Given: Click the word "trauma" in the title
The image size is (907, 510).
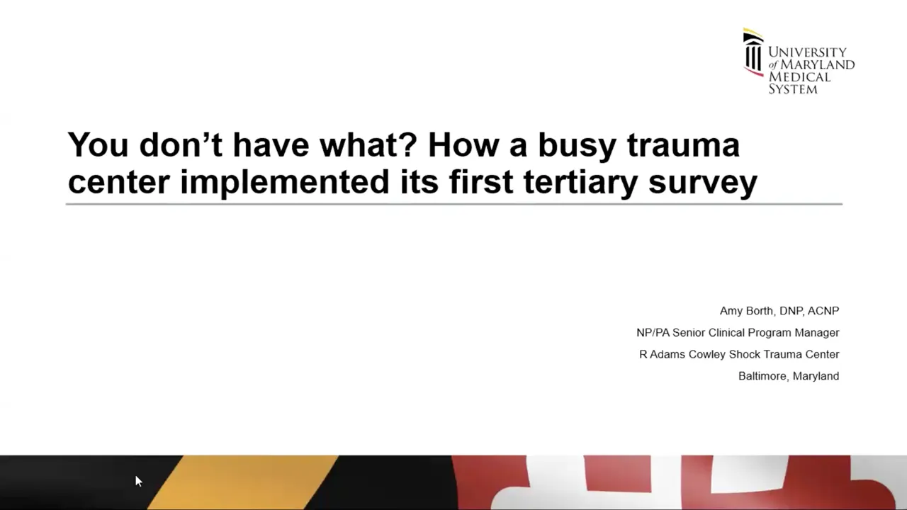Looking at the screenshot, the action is (684, 145).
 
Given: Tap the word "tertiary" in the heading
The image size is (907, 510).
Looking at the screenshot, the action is (580, 182).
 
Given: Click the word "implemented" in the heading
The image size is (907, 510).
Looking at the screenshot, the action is (285, 183).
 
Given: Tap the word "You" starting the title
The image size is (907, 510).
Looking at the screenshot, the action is (98, 144).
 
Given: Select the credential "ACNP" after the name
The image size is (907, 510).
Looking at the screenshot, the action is (823, 310).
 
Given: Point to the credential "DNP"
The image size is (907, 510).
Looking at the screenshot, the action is (791, 310).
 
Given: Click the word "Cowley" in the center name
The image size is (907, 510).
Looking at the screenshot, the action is (706, 355).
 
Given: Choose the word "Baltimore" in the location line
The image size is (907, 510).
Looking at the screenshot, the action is (762, 376).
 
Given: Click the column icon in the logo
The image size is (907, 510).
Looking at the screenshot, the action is (753, 52).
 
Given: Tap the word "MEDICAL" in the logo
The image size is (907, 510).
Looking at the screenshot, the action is (799, 76).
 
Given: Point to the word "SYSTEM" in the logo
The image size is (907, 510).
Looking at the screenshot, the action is (793, 89).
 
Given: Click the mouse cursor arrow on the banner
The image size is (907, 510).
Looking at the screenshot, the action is (138, 481).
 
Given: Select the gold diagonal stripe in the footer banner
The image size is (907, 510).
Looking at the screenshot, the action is (243, 482).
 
